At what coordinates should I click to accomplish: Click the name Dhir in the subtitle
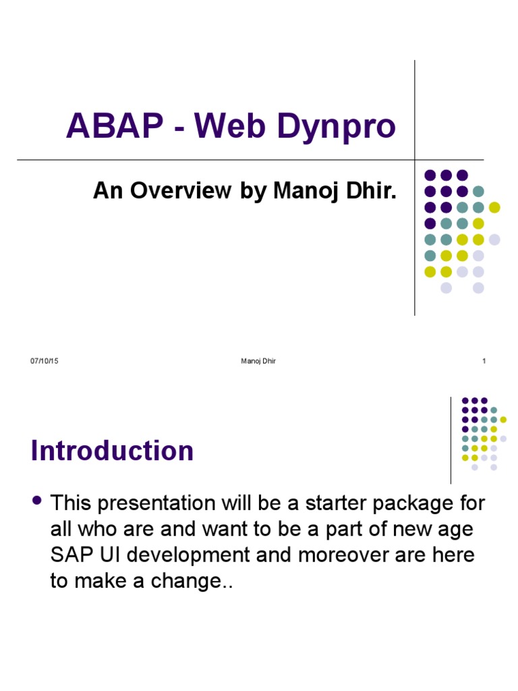(x=373, y=191)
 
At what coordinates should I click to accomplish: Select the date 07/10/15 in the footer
(x=45, y=361)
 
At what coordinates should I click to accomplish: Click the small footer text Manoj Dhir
(x=258, y=361)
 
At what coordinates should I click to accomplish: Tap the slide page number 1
(x=484, y=361)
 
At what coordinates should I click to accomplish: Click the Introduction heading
(x=112, y=451)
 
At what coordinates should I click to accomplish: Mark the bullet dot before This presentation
(x=37, y=501)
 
